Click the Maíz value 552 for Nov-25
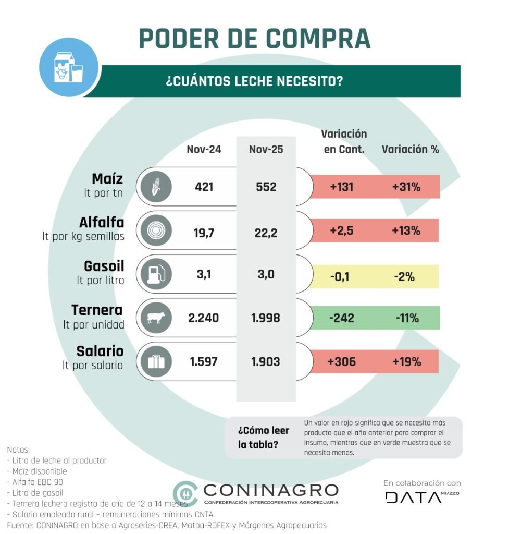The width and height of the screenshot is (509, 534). click(266, 187)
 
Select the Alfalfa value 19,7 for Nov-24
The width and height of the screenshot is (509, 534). click(204, 231)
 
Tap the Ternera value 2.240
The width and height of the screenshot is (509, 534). click(204, 318)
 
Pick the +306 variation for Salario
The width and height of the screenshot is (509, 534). click(342, 361)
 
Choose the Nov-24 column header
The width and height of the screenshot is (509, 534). click(204, 150)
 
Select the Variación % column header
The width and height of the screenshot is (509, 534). click(411, 150)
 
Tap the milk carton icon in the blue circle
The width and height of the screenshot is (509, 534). click(68, 68)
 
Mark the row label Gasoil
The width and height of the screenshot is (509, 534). click(104, 266)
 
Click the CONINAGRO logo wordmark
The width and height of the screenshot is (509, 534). click(271, 491)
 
